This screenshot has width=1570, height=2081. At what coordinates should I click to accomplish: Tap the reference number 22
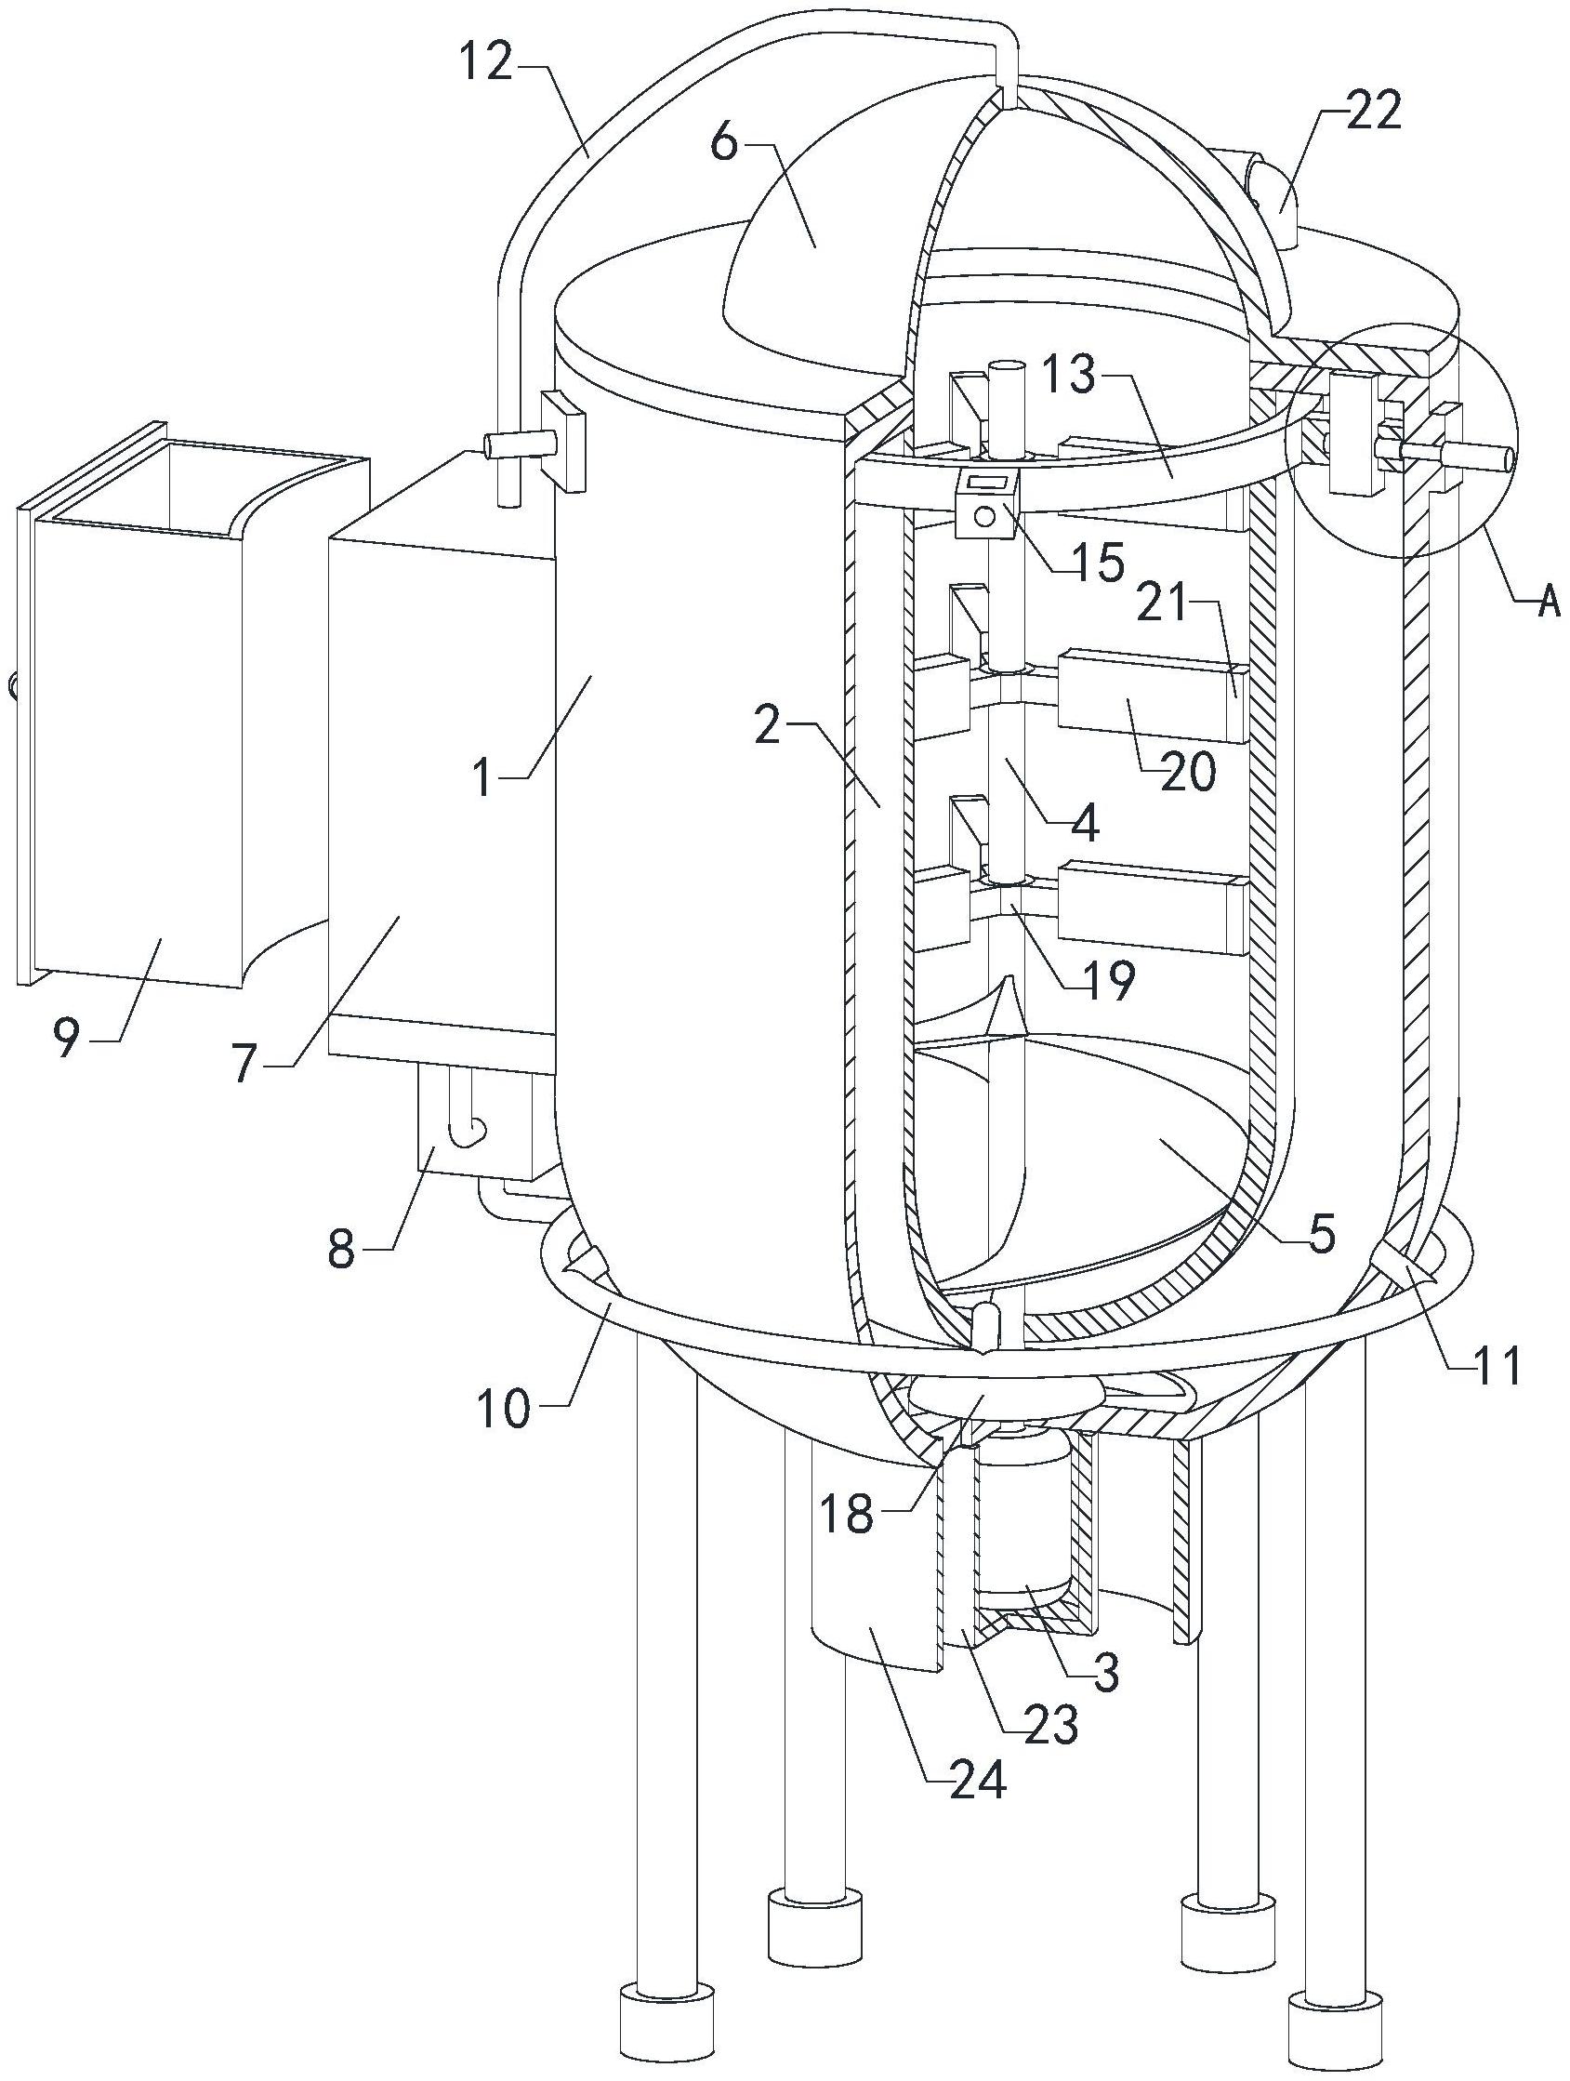point(1372,112)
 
